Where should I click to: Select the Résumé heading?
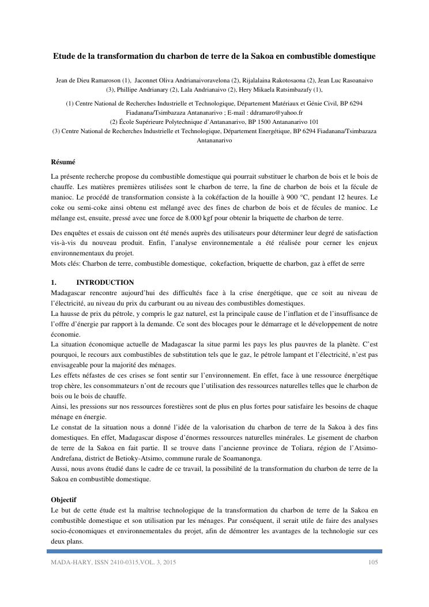(x=63, y=163)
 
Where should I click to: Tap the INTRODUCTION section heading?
(x=105, y=282)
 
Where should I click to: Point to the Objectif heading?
(x=63, y=499)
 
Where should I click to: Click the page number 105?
(x=372, y=562)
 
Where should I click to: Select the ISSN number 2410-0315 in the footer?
(x=120, y=562)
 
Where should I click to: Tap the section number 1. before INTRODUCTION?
(x=54, y=282)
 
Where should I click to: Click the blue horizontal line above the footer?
(x=215, y=551)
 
